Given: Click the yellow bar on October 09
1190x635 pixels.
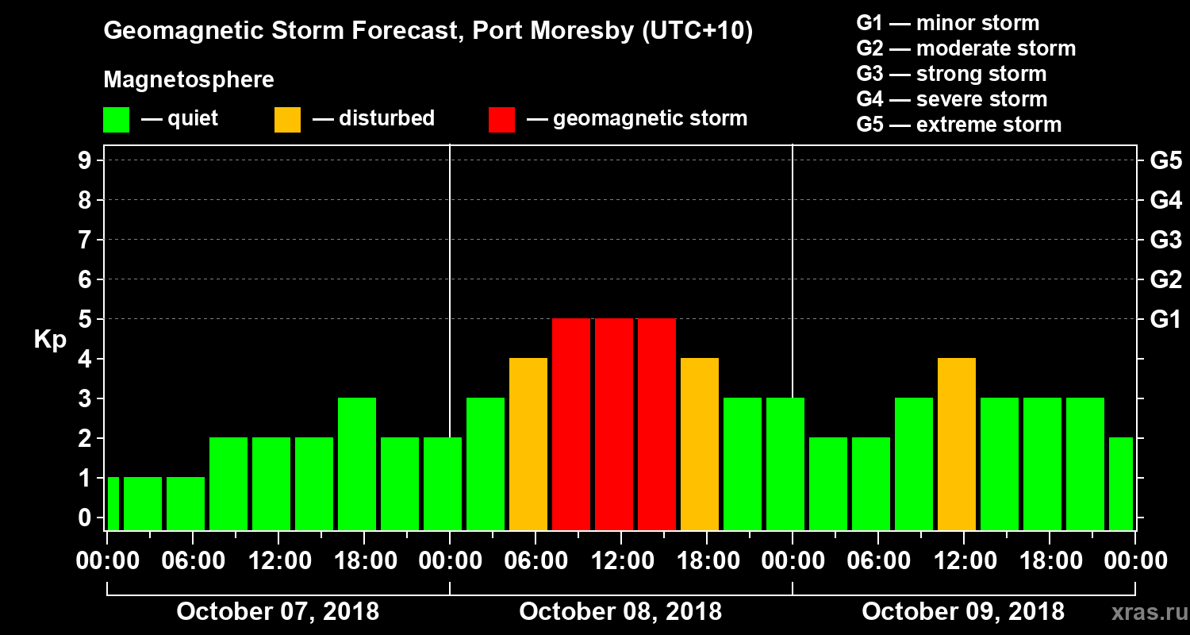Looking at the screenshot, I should pyautogui.click(x=956, y=444).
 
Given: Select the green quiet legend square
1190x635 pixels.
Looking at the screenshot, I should pyautogui.click(x=116, y=119).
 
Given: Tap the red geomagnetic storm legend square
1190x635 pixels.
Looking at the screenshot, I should pyautogui.click(x=501, y=119).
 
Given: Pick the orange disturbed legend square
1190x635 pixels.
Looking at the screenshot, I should pyautogui.click(x=287, y=119).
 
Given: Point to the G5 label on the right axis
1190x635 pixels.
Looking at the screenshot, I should pyautogui.click(x=1165, y=160).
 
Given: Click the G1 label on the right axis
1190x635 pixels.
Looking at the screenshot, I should pyautogui.click(x=1165, y=319).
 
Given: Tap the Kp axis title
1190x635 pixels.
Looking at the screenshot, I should pyautogui.click(x=50, y=340).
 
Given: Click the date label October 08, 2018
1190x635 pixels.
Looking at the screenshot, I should pyautogui.click(x=620, y=612).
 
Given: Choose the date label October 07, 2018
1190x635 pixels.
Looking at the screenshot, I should pyautogui.click(x=278, y=612).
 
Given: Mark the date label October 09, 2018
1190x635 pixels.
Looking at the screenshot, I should pyautogui.click(x=963, y=612).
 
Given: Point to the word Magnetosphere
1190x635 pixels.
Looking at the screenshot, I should pyautogui.click(x=189, y=80).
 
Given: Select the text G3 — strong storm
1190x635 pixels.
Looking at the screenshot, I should pyautogui.click(x=951, y=74).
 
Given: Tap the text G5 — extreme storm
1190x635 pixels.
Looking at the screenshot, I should pyautogui.click(x=958, y=125).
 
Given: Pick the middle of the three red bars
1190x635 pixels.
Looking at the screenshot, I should pyautogui.click(x=614, y=424).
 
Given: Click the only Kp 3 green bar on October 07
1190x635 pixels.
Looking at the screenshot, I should pyautogui.click(x=357, y=464).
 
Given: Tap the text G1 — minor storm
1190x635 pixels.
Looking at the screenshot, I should pyautogui.click(x=947, y=23).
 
